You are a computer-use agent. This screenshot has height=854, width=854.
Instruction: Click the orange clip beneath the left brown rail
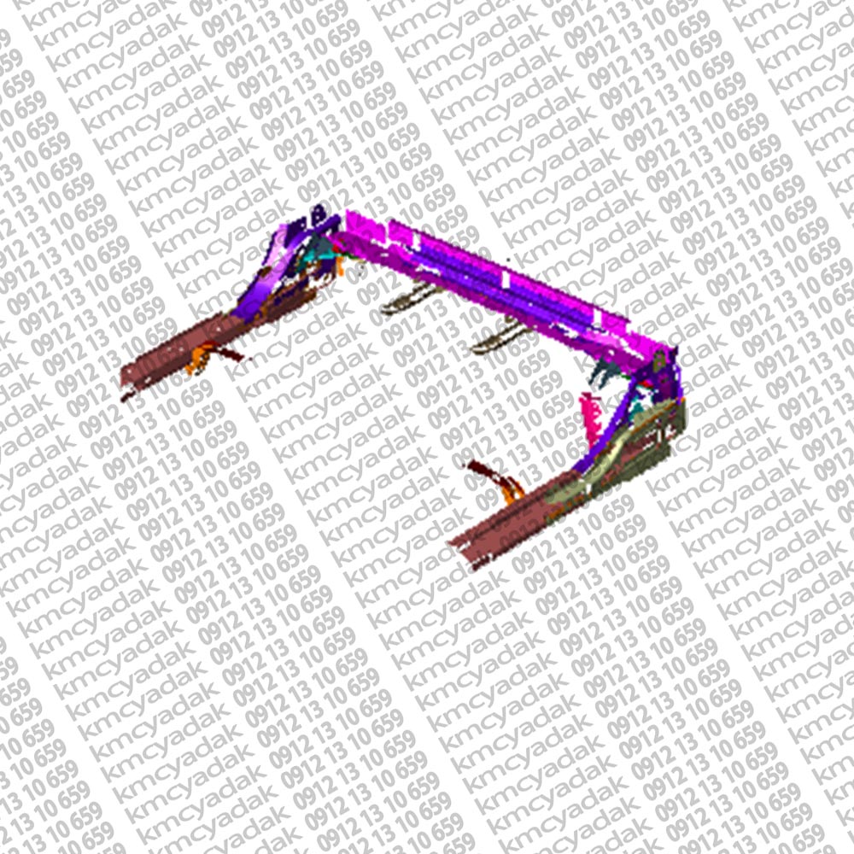pos(199,357)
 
